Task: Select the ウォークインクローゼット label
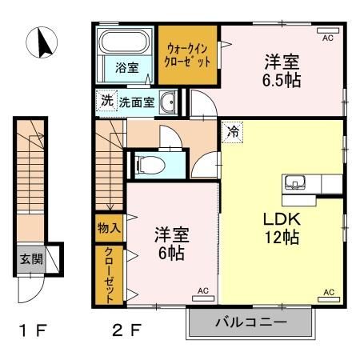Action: (x=187, y=55)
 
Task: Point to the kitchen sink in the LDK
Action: (x=293, y=182)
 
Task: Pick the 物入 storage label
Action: (x=109, y=228)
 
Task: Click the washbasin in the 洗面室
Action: (x=168, y=102)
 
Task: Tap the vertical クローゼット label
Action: (x=109, y=274)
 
